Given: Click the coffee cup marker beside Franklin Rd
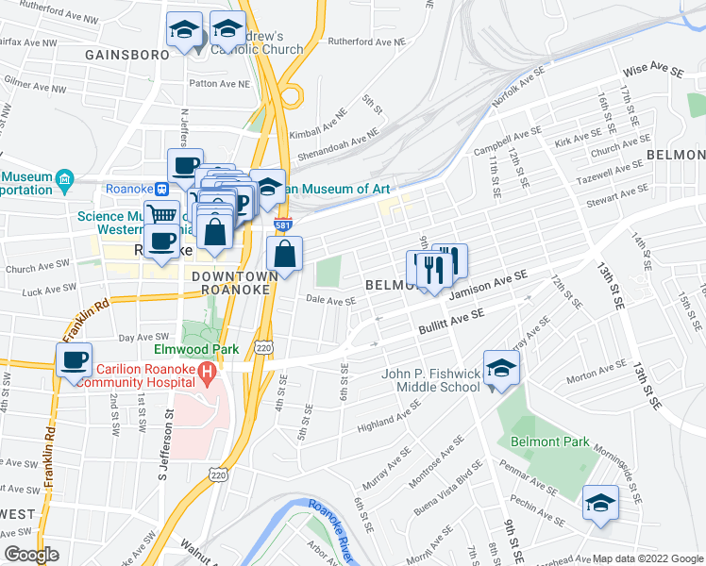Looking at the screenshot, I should coord(75,359).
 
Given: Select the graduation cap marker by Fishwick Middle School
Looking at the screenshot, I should coord(501,369).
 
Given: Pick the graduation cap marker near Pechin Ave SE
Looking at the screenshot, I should coord(600,503).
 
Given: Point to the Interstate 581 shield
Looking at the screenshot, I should coord(282,225).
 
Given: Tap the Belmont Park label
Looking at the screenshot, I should coord(549,441).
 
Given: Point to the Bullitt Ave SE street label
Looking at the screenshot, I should coord(451,324).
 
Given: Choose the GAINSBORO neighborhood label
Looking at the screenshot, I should coord(126,54).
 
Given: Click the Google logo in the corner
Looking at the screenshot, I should coord(31,555).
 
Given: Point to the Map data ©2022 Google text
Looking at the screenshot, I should coord(647,558).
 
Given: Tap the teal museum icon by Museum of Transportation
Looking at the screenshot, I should coord(64,178).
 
